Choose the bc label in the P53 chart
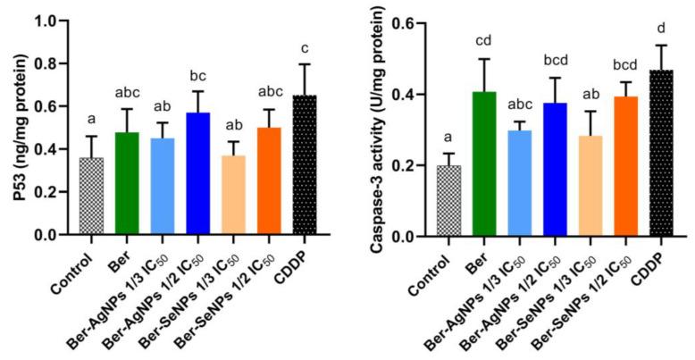pyautogui.click(x=200, y=74)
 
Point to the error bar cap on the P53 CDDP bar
pyautogui.click(x=305, y=64)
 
